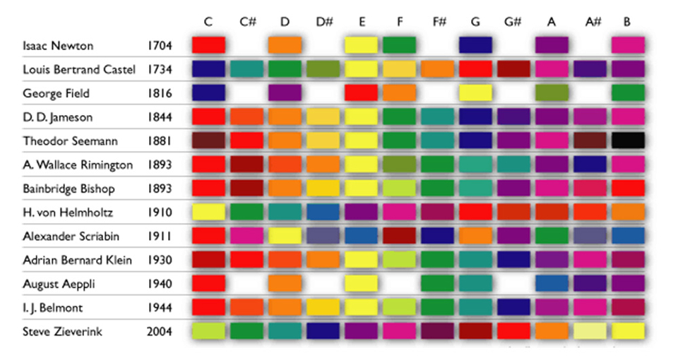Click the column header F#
click(438, 22)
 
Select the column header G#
click(513, 22)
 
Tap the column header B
click(626, 22)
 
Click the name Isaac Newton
click(58, 46)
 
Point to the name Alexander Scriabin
click(69, 236)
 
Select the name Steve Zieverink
click(64, 332)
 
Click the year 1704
click(159, 46)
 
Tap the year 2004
click(159, 332)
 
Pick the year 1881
click(159, 141)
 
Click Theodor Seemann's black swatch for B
click(628, 140)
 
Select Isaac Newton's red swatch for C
click(208, 45)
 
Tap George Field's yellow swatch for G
click(475, 92)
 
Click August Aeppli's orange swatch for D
click(285, 283)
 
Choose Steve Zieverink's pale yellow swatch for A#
click(590, 331)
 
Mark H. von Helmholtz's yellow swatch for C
click(208, 212)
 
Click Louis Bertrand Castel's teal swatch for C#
click(246, 69)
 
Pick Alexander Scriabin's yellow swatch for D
click(285, 236)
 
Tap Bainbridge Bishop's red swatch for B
click(628, 188)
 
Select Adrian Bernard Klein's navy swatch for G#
click(513, 260)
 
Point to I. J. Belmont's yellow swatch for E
click(361, 307)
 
